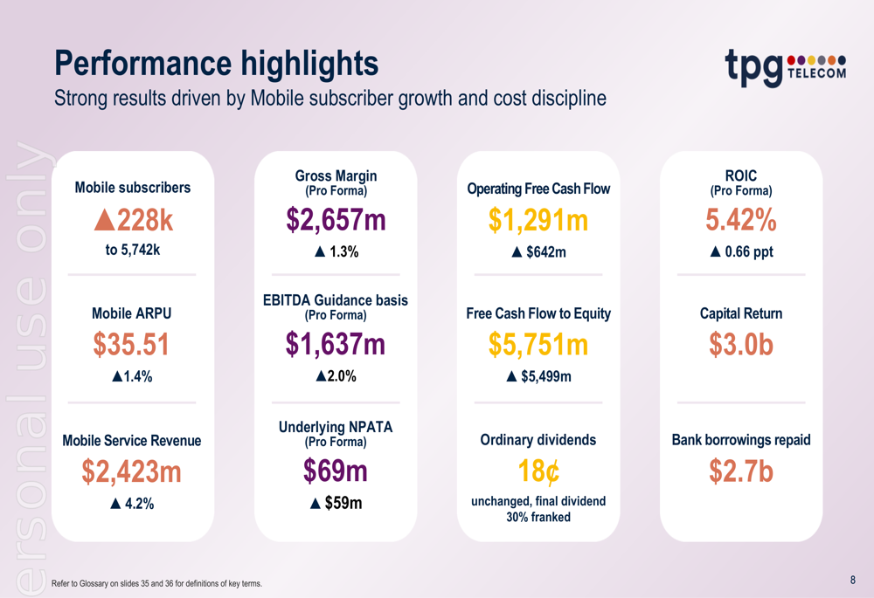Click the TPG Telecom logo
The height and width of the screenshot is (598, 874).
[785, 68]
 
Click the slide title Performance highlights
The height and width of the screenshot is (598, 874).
[217, 63]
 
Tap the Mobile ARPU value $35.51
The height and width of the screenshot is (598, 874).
[132, 346]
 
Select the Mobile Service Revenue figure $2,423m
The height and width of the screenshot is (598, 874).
[132, 471]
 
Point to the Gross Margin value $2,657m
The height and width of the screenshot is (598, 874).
[336, 221]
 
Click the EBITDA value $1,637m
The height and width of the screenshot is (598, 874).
[336, 346]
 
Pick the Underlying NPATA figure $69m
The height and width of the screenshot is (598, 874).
[336, 471]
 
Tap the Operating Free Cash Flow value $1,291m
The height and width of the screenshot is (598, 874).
[538, 221]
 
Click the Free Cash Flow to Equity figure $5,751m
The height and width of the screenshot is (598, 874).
[538, 346]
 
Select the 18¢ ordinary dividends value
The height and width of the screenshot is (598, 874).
[538, 471]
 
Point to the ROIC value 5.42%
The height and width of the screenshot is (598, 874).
[741, 221]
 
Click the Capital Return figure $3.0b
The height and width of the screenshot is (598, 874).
[741, 346]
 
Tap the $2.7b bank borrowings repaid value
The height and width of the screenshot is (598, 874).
[741, 471]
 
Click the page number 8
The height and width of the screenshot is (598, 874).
[852, 580]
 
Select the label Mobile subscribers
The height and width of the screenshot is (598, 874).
[133, 188]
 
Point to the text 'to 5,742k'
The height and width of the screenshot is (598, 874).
[133, 251]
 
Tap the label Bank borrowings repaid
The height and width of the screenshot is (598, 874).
[741, 440]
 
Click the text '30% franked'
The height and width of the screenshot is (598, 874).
[538, 517]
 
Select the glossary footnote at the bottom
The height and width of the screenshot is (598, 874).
[156, 583]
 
